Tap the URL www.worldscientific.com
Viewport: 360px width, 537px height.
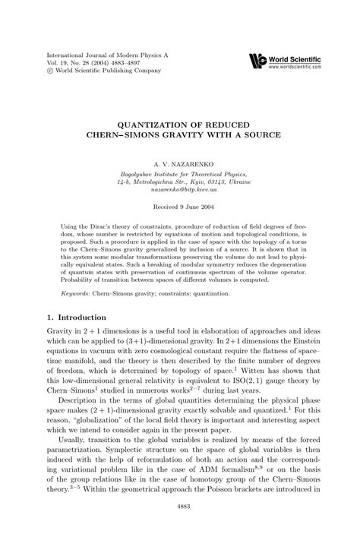(302, 67)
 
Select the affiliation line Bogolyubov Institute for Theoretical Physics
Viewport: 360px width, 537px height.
(180, 175)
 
